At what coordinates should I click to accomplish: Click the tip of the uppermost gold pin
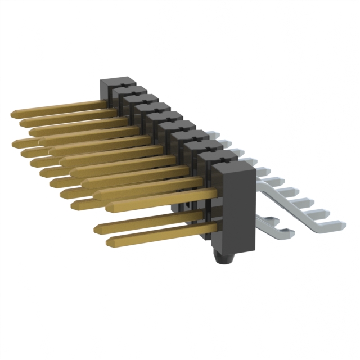[12, 114]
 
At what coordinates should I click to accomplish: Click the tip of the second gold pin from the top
[22, 122]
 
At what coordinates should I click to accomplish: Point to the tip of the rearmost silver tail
[214, 134]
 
